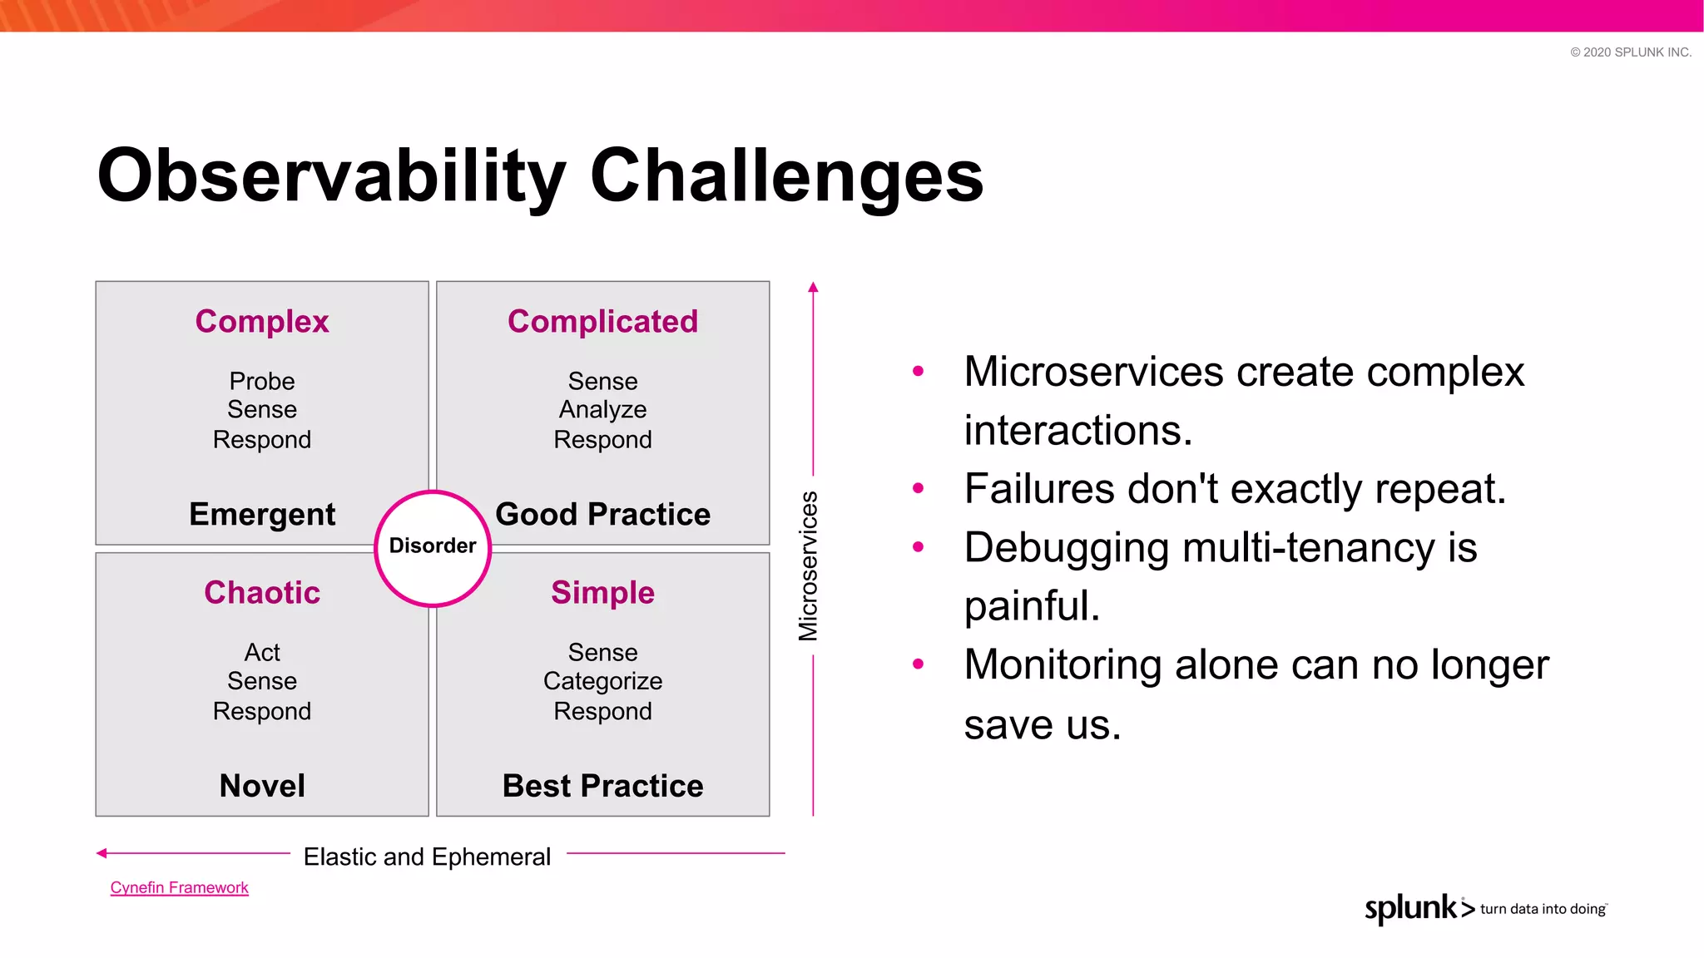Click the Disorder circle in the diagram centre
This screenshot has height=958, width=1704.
pos(433,547)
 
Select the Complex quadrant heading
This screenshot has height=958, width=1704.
pos(262,322)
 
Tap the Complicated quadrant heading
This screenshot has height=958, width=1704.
pos(602,322)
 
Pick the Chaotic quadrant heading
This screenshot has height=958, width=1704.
pos(262,593)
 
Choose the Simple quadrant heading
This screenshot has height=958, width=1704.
pos(602,593)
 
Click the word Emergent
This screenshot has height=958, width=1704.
pos(262,515)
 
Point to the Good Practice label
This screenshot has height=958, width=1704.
pos(602,515)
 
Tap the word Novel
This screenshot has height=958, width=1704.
pos(262,786)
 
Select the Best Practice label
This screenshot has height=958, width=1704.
pos(602,786)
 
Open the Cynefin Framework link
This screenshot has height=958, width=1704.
pos(179,888)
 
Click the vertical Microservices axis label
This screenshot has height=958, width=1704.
pos(808,566)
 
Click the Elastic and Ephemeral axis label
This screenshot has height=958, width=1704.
pos(427,857)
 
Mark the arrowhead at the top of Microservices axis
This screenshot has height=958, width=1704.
pos(813,288)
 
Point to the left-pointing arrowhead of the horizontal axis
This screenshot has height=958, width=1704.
pos(102,853)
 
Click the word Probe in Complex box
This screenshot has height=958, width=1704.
pos(262,381)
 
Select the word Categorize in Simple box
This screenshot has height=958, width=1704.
pos(602,681)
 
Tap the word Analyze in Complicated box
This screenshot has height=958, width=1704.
pos(602,410)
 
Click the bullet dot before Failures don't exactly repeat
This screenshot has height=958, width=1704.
pos(918,489)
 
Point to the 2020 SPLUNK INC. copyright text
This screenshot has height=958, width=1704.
pos(1631,52)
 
